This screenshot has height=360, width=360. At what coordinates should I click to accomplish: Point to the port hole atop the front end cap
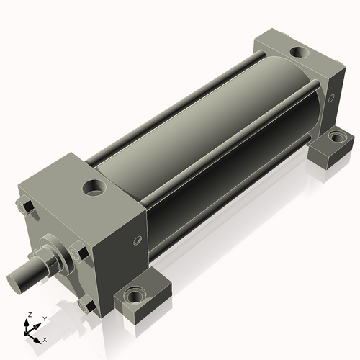tap(94, 189)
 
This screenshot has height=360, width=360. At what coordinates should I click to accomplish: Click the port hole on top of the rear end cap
tap(298, 53)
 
